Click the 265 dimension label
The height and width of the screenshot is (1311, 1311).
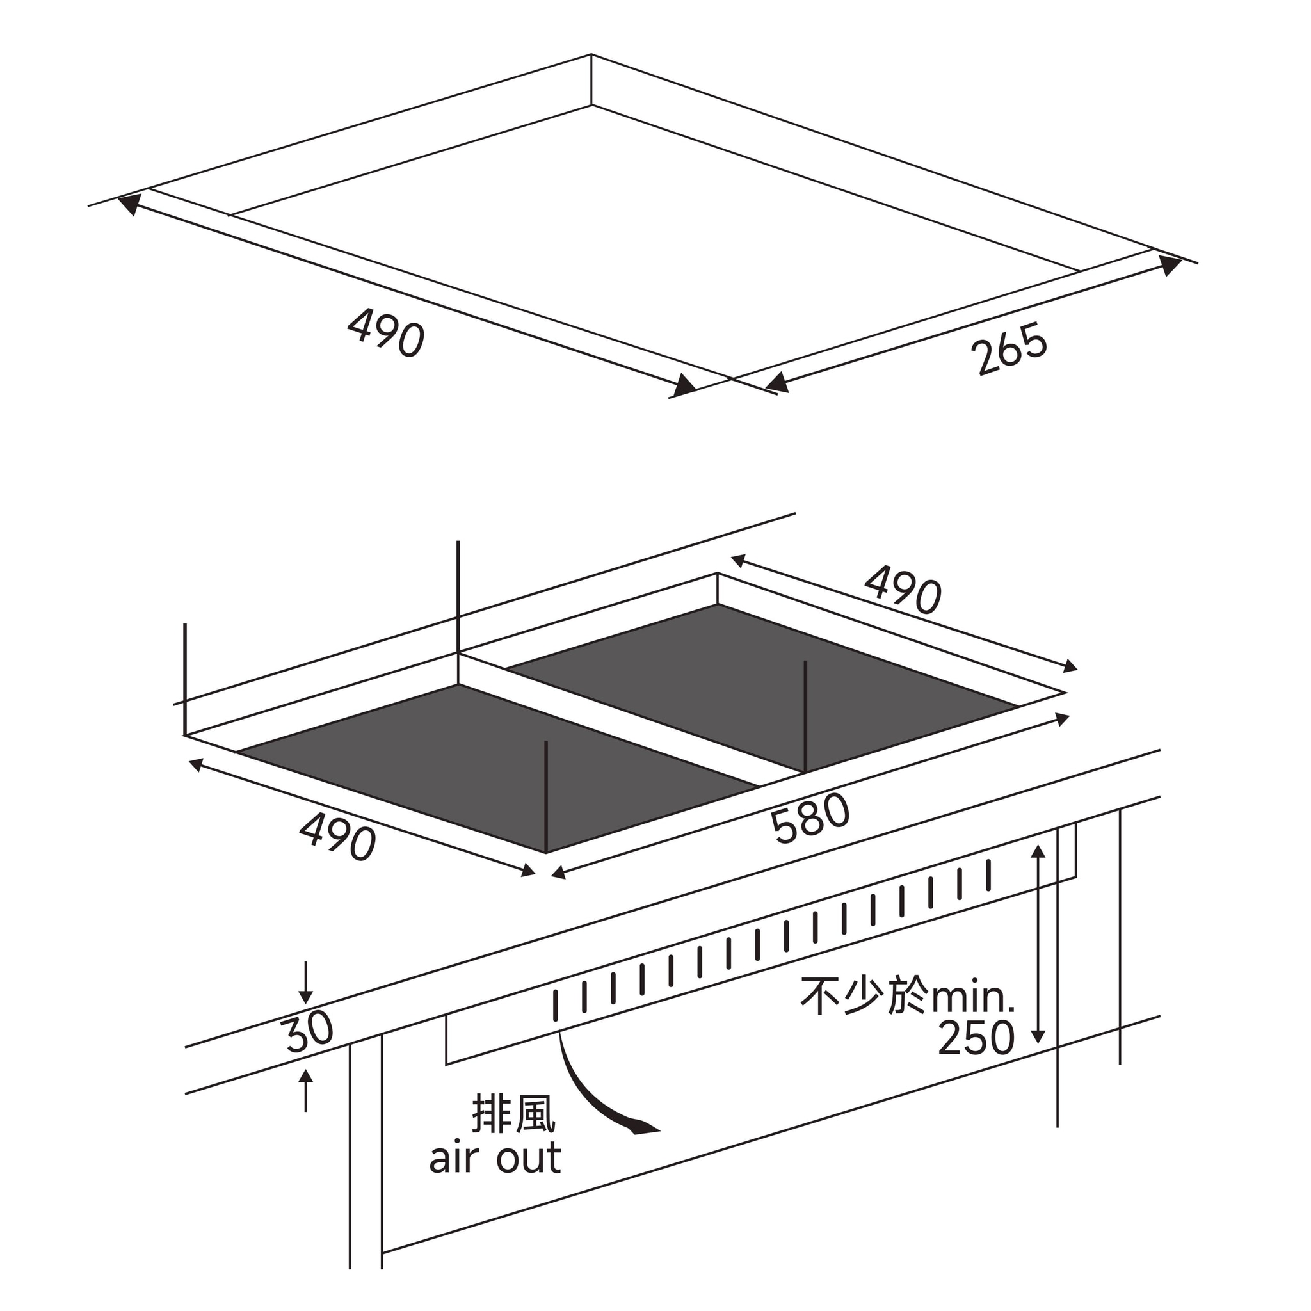tap(1009, 349)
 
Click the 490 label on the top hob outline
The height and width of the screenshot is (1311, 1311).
tap(386, 332)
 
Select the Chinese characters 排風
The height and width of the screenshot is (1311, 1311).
tap(513, 1114)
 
